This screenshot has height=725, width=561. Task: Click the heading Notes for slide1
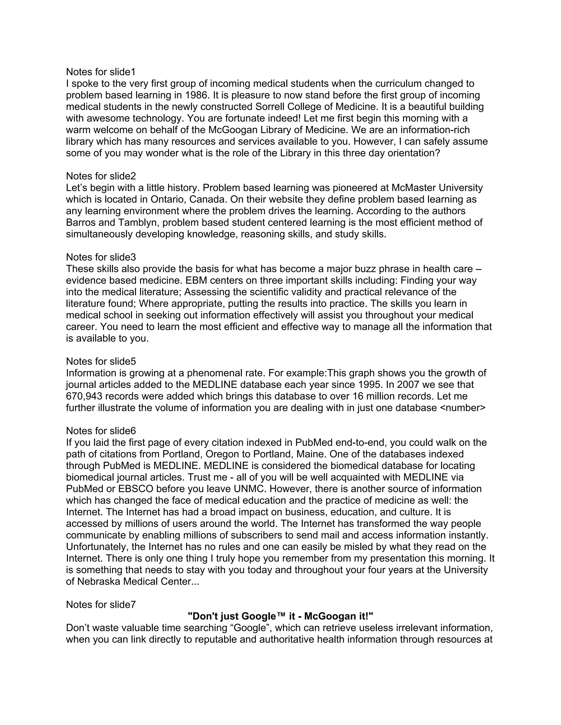click(x=101, y=72)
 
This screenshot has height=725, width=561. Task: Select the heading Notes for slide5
click(x=101, y=361)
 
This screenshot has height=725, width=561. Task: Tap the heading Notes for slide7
click(x=101, y=605)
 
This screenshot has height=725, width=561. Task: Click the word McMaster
click(x=413, y=188)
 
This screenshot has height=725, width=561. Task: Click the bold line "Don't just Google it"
click(x=280, y=616)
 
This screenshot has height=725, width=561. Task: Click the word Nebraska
click(x=99, y=582)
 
